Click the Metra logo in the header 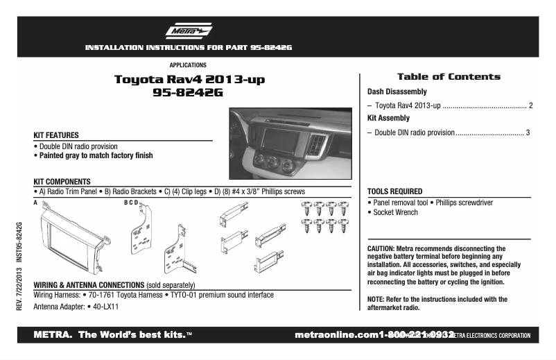[188, 32]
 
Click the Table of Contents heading [448, 77]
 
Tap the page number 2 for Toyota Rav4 [530, 105]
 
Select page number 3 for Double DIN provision [528, 132]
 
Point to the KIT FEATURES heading [56, 135]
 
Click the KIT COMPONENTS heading [62, 182]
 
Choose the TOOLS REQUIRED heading [394, 191]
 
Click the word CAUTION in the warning [381, 248]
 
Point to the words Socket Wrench [395, 213]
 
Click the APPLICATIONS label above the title [187, 65]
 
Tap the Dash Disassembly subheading [397, 92]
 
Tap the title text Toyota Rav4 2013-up [189, 80]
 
